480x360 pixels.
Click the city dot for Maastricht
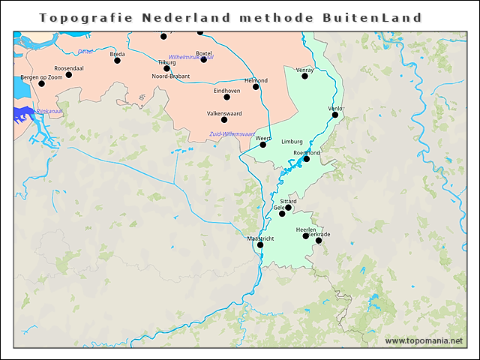(260, 245)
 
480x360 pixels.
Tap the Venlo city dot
(335, 115)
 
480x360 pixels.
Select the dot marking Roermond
(306, 159)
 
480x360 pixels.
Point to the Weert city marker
(263, 145)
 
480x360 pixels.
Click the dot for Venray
(305, 76)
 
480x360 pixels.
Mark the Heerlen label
(306, 229)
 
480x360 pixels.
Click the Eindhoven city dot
(227, 97)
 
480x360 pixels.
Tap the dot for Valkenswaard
(224, 120)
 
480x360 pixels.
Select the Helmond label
(256, 80)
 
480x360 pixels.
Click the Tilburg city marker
(166, 69)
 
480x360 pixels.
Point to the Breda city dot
(118, 61)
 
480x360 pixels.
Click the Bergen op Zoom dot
(42, 84)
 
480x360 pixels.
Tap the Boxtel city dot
(203, 59)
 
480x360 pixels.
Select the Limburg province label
(292, 141)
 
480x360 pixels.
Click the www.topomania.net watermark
(424, 340)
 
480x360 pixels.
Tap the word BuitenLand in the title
(379, 16)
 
